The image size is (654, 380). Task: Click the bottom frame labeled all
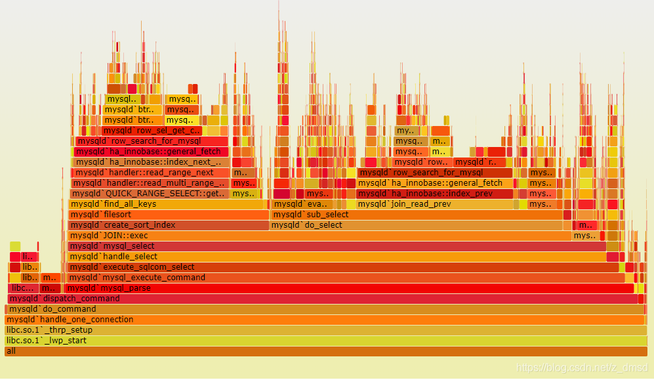325,351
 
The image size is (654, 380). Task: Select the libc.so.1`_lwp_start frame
325,341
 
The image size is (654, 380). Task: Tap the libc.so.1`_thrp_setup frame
325,330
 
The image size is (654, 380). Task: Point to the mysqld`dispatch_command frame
321,299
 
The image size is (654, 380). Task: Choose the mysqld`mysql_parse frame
348,288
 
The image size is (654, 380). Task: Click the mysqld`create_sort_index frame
168,225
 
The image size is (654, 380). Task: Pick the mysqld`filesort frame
168,215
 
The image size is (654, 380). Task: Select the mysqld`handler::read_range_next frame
151,173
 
